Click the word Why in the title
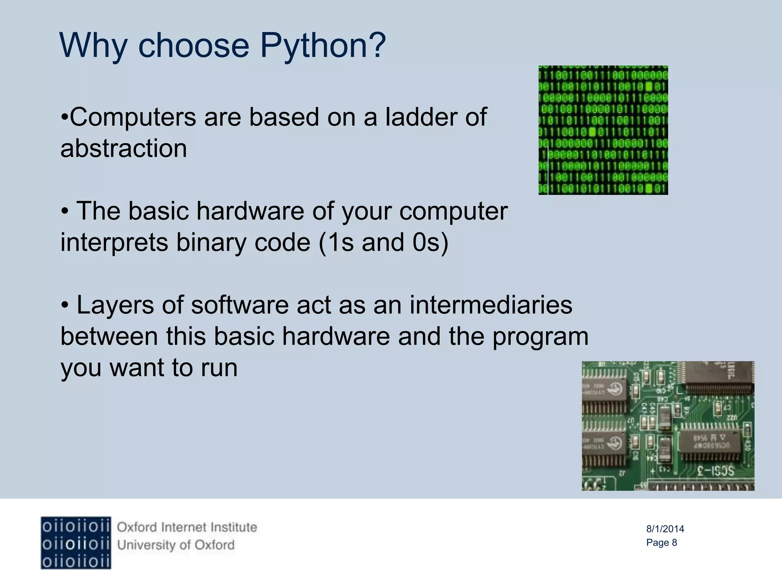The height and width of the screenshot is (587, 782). click(x=93, y=46)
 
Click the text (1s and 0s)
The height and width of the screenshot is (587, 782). click(x=383, y=242)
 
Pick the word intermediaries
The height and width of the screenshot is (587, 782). click(x=491, y=305)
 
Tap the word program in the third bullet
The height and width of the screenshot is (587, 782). click(x=540, y=337)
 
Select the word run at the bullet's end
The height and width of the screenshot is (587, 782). click(x=219, y=368)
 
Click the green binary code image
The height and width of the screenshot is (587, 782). click(x=603, y=130)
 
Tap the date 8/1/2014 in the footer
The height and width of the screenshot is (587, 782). click(x=665, y=529)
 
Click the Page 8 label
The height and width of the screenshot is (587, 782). click(x=661, y=543)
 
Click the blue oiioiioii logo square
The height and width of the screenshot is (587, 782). click(x=76, y=543)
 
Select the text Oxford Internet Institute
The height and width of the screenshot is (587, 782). click(x=187, y=527)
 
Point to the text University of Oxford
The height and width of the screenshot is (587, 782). click(x=176, y=545)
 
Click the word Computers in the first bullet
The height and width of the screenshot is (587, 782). click(x=132, y=117)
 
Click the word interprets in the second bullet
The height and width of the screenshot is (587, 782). click(x=114, y=242)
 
